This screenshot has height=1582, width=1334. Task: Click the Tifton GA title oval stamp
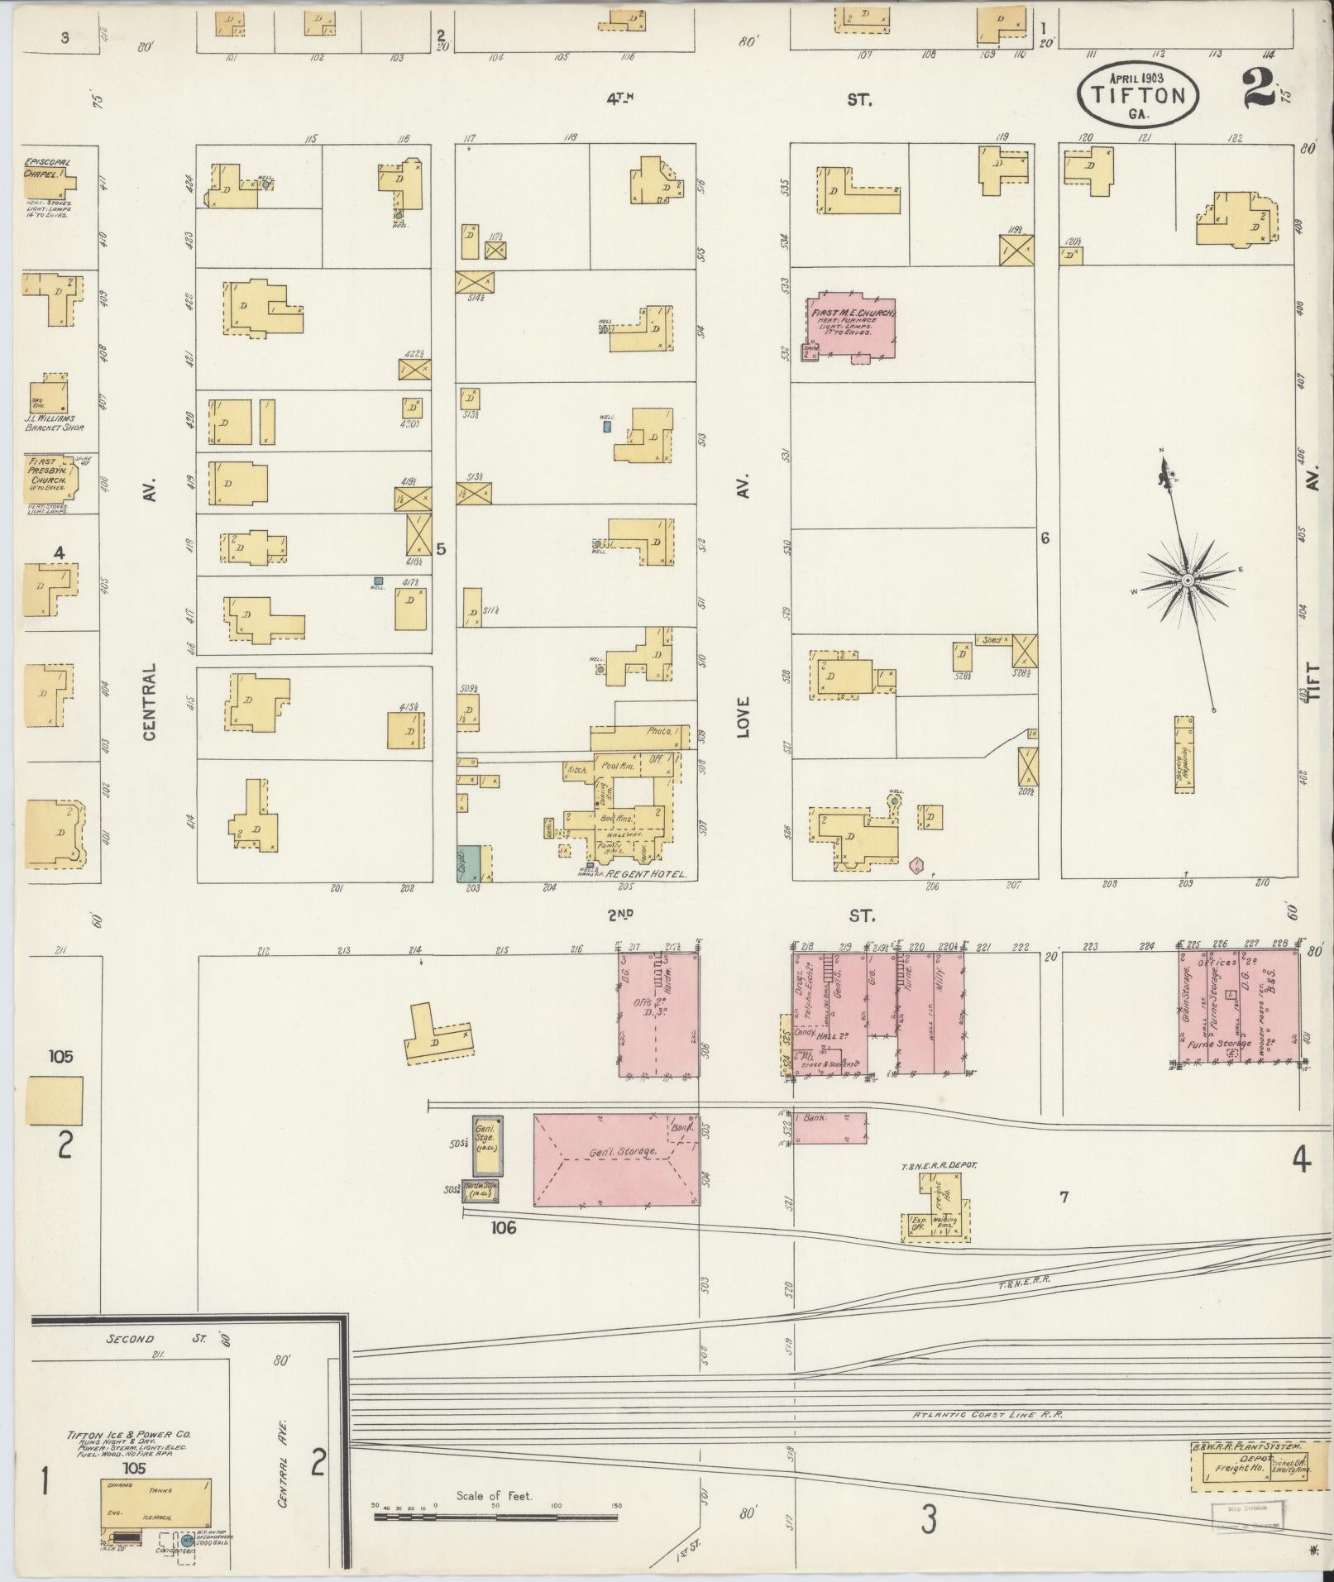(x=1137, y=96)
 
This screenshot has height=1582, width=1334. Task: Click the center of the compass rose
(x=1187, y=581)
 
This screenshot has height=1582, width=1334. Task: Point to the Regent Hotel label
(x=647, y=874)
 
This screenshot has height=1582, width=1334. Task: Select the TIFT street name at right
(x=1312, y=682)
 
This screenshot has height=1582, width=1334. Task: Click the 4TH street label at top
(x=620, y=99)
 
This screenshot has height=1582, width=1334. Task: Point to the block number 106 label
(x=503, y=1228)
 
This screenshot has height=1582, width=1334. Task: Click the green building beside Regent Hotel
(x=469, y=863)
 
